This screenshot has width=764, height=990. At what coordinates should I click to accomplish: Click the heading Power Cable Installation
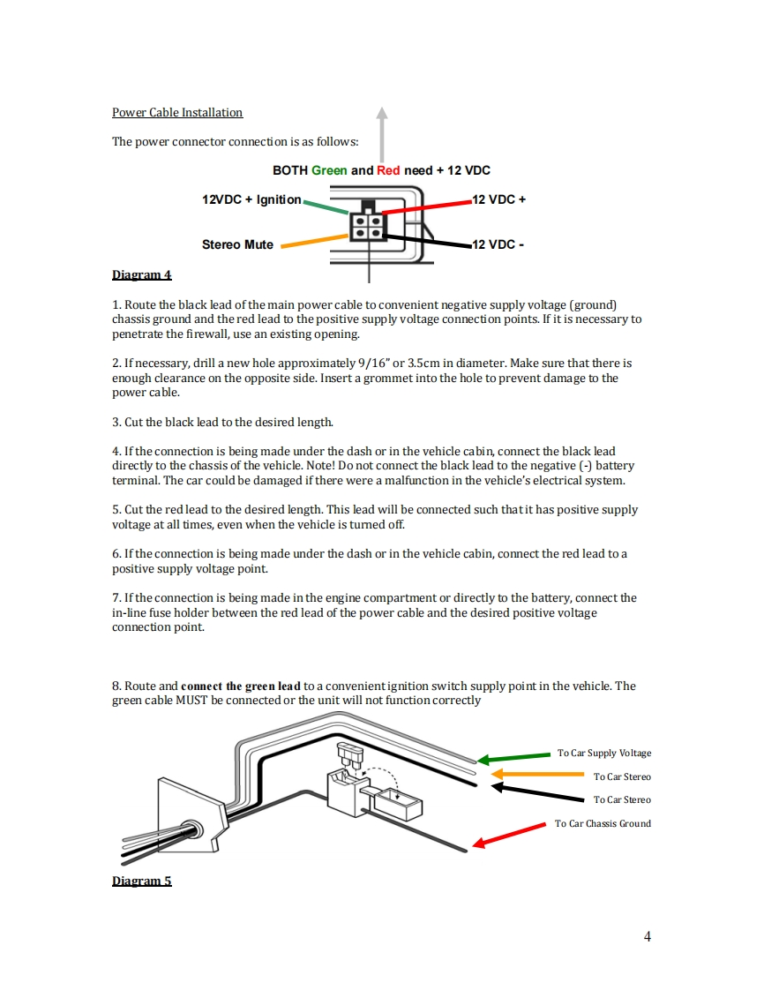[177, 112]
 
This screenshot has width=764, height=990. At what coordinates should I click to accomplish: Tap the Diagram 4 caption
[141, 274]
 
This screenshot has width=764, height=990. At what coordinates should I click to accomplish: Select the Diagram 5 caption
[141, 881]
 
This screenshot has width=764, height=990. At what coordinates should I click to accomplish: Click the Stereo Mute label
[237, 244]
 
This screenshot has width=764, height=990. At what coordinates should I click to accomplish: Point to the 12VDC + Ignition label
[251, 199]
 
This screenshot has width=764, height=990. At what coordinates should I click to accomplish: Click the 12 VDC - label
[498, 244]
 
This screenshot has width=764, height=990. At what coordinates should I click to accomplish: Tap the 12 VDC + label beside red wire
[499, 199]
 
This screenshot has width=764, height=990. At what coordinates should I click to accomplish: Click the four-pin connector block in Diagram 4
[367, 226]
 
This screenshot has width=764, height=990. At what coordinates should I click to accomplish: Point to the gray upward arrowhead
[381, 113]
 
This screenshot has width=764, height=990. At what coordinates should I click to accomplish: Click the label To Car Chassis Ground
[603, 823]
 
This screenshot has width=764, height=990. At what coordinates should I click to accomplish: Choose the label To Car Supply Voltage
[604, 753]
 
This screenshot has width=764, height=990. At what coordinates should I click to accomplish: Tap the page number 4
[648, 936]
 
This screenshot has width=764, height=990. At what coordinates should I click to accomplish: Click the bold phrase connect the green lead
[241, 686]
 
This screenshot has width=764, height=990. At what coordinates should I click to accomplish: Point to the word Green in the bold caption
[329, 170]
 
